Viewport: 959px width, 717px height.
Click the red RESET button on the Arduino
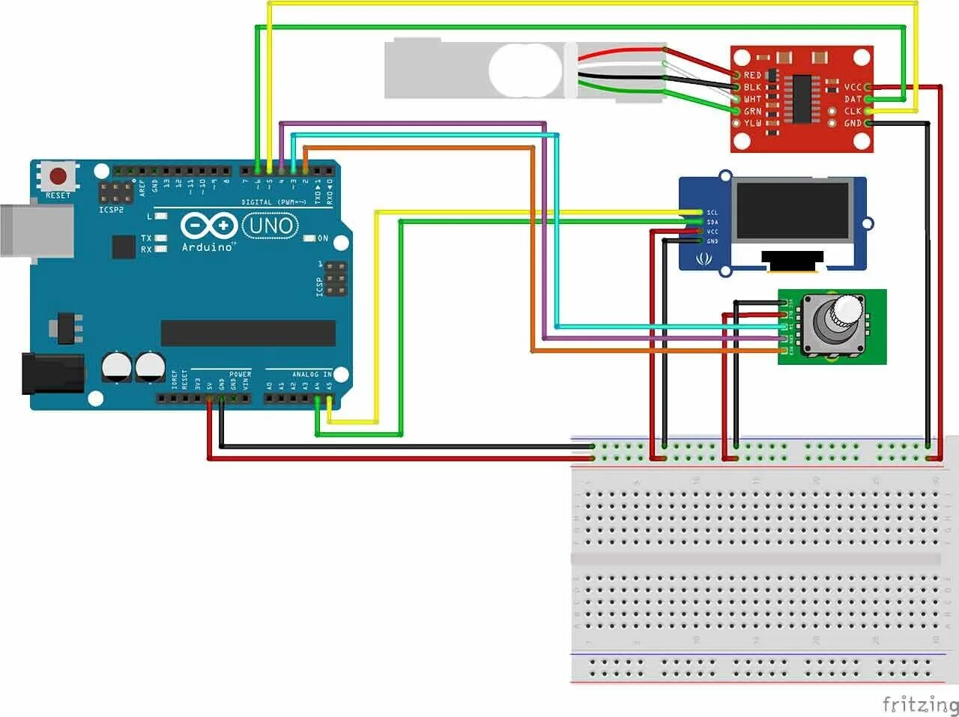click(x=58, y=177)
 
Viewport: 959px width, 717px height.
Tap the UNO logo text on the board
click(x=270, y=225)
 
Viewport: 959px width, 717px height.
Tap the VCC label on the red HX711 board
click(x=853, y=88)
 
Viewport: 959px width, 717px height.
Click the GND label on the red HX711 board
click(x=853, y=123)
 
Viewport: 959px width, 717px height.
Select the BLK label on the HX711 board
click(x=752, y=88)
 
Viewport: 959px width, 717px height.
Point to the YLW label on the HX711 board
click(x=752, y=123)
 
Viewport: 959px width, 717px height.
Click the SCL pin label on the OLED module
click(x=713, y=213)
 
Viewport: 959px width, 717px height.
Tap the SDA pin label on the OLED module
click(x=713, y=223)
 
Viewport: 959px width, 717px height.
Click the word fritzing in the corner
click(x=919, y=704)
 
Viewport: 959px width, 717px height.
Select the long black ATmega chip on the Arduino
click(x=248, y=333)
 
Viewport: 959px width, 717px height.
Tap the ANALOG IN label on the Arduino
click(x=311, y=374)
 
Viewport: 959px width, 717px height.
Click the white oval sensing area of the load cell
click(x=525, y=70)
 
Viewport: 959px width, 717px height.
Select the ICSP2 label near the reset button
click(x=112, y=210)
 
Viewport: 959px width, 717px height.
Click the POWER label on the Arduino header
click(x=240, y=374)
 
